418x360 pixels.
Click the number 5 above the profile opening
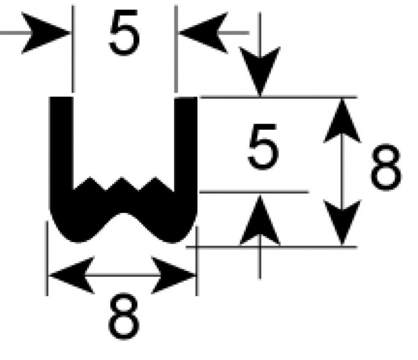(x=124, y=33)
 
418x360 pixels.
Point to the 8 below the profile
(x=124, y=316)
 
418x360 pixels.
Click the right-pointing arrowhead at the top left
(x=46, y=33)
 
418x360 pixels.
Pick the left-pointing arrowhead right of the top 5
(x=203, y=33)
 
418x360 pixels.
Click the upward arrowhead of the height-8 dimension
(x=342, y=120)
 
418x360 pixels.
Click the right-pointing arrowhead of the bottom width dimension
(x=173, y=275)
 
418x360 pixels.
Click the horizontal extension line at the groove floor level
(x=254, y=192)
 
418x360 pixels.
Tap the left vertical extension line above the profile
(x=73, y=48)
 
